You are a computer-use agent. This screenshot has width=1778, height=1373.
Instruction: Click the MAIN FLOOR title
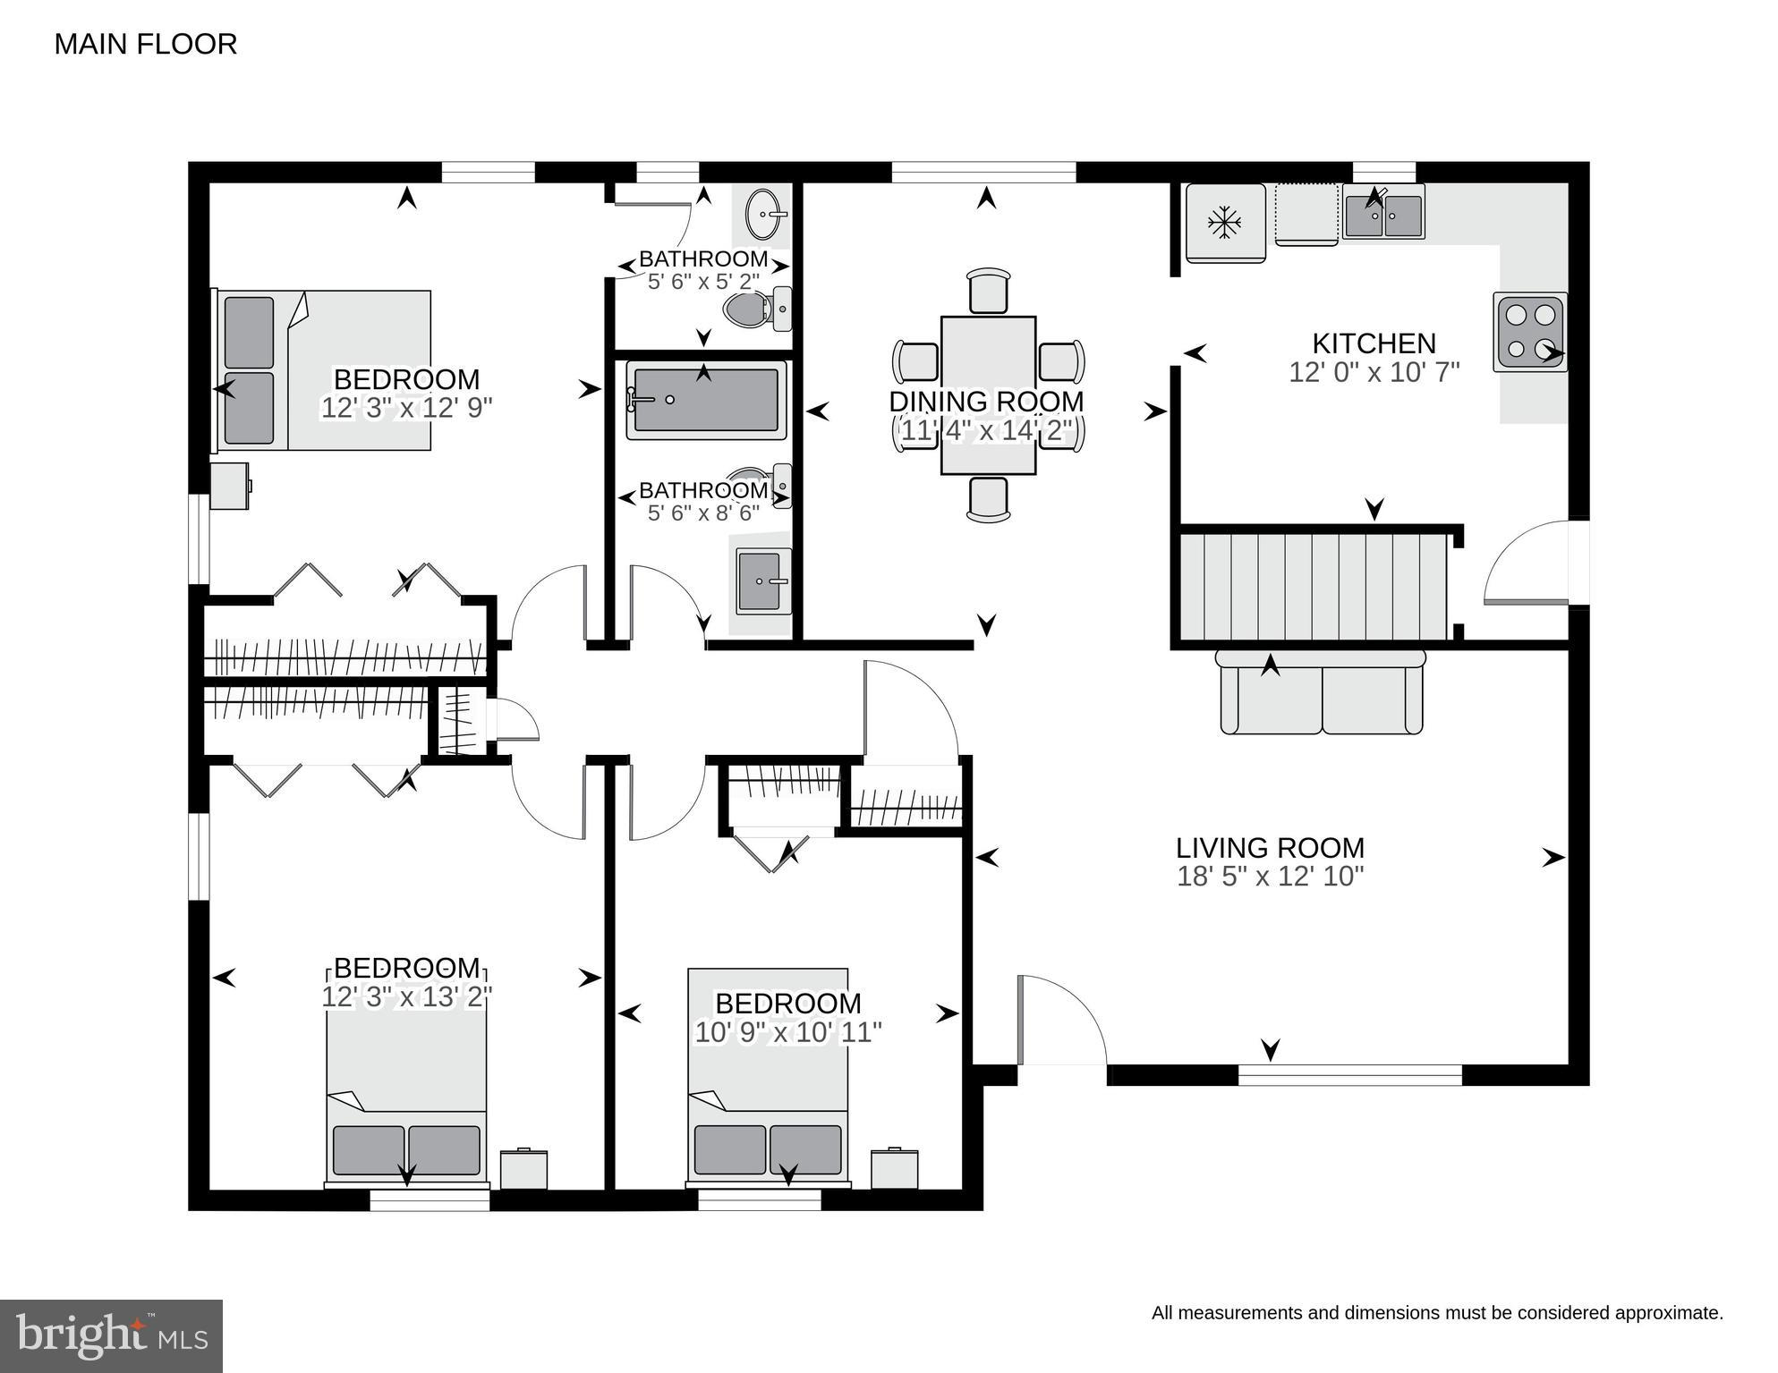coord(146,44)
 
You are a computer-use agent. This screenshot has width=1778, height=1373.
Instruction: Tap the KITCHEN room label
coord(1374,343)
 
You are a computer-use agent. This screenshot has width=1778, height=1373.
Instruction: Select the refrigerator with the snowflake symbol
coord(1225,223)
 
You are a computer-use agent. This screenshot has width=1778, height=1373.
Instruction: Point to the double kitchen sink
coord(1383,215)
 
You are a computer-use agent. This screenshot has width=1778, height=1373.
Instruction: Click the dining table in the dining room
coord(988,394)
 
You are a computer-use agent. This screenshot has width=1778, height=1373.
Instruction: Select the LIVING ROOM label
coord(1270,847)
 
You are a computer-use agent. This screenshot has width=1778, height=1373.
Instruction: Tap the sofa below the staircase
coord(1321,692)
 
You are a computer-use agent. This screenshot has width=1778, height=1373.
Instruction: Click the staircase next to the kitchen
coord(1314,587)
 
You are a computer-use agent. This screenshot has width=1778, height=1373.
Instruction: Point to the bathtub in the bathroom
coord(706,400)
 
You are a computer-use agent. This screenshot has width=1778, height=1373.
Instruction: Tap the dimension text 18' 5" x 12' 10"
coord(1270,876)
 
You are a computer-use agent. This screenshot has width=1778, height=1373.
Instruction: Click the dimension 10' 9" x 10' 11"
coord(788,1032)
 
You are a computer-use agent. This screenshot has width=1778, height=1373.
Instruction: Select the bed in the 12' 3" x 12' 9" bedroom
coord(322,370)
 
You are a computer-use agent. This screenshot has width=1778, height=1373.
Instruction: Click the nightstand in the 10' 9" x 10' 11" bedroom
coord(895,1168)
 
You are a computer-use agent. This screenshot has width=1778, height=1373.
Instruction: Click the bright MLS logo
coord(111,1335)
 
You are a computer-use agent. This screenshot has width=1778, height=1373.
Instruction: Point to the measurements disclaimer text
coord(1437,1313)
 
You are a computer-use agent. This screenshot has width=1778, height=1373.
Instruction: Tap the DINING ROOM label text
coord(986,402)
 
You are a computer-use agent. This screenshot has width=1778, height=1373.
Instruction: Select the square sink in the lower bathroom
coord(763,581)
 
